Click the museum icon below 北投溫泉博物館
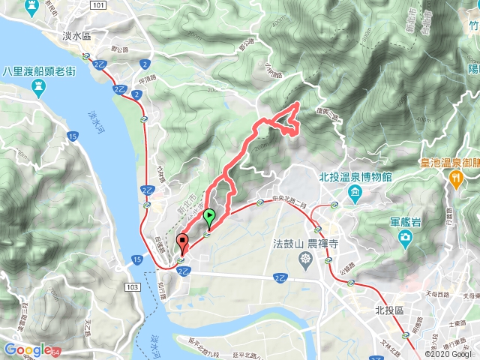click(x=353, y=194)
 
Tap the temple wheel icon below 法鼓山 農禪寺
click(x=306, y=260)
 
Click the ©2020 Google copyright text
click(x=448, y=353)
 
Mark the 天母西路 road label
click(x=443, y=293)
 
